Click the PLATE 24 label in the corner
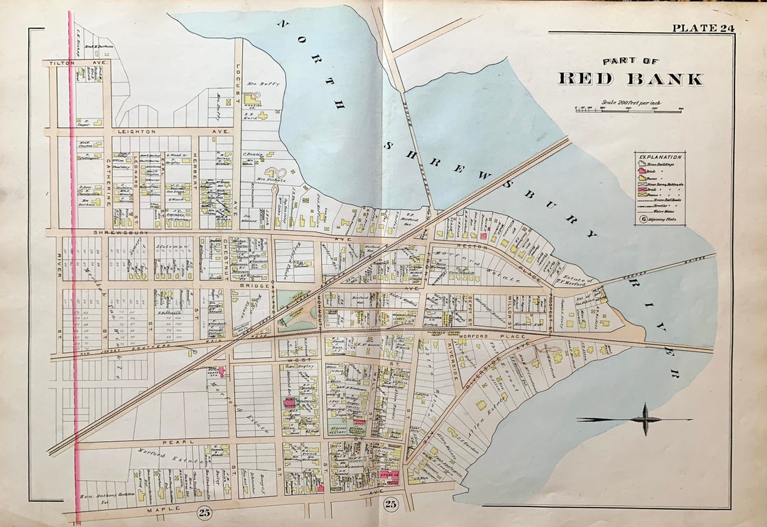703,28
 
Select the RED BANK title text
630,79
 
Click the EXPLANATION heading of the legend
660,157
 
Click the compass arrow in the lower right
645,419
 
